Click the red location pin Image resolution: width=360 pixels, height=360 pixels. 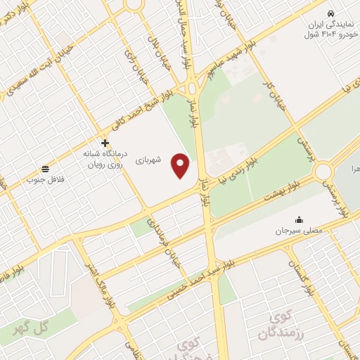point(181,166)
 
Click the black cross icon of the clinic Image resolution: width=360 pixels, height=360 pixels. point(105,143)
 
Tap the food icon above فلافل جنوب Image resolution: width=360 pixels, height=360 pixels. point(45,168)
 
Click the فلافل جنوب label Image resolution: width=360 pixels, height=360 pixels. point(45,180)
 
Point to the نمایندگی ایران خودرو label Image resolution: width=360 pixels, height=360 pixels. point(330,28)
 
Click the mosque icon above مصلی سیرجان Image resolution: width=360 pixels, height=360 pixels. point(300,219)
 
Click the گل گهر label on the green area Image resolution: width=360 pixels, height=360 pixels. point(34,326)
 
